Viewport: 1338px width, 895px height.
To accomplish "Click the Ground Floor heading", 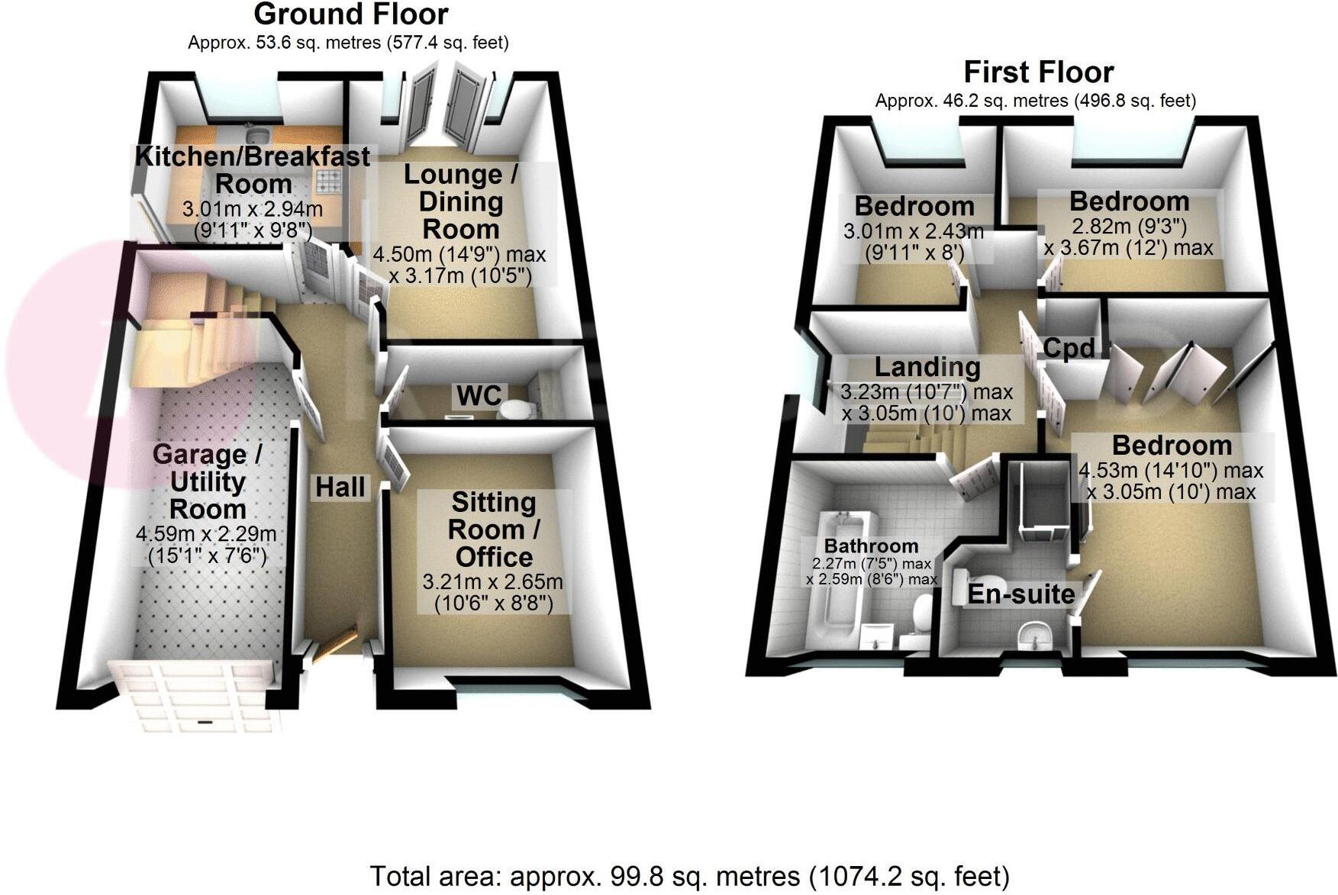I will click(350, 14).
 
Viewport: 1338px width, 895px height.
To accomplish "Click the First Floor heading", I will click(1038, 72).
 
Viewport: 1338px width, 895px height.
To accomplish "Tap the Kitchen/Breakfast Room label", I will click(253, 170).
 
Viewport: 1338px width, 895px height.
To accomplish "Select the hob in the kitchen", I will click(330, 182).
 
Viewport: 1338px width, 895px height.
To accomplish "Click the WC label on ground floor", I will click(479, 395).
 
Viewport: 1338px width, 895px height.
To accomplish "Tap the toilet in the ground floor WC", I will click(516, 410).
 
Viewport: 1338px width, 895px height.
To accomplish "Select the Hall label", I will click(340, 487).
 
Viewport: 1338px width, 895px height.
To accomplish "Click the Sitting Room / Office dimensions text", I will click(493, 592).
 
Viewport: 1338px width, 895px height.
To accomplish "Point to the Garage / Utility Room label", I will click(208, 481).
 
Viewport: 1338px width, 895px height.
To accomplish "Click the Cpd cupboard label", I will click(1069, 349).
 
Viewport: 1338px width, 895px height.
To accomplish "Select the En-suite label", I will click(1021, 594).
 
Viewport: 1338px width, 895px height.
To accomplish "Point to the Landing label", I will click(927, 367).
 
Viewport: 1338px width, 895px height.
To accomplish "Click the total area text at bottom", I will click(689, 876).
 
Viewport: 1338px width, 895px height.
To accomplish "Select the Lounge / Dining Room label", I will click(460, 201).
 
